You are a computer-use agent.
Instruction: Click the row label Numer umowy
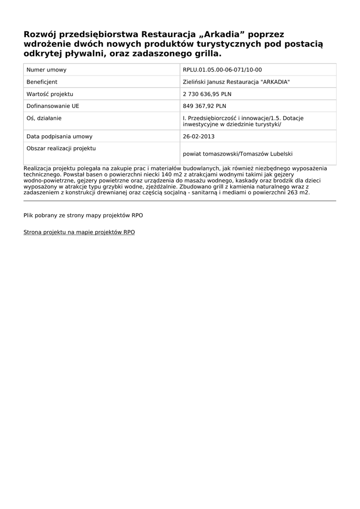click(x=46, y=70)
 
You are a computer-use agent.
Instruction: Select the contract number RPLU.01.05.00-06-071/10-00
click(x=222, y=70)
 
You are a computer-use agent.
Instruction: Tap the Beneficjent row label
click(x=42, y=82)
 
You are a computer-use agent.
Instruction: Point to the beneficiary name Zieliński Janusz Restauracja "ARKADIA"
click(x=236, y=82)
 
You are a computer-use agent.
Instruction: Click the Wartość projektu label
click(x=50, y=94)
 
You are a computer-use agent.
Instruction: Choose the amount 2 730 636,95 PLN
click(x=207, y=94)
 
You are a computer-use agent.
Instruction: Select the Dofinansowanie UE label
click(x=53, y=106)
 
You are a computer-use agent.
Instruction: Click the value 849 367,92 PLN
click(x=204, y=106)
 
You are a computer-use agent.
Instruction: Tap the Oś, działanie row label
click(x=44, y=118)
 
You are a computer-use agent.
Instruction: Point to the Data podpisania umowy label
click(x=59, y=136)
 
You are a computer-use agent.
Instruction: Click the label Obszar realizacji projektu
click(x=61, y=148)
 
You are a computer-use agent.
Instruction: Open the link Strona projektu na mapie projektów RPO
click(x=79, y=232)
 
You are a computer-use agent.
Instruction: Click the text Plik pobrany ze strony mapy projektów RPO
click(x=83, y=215)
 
